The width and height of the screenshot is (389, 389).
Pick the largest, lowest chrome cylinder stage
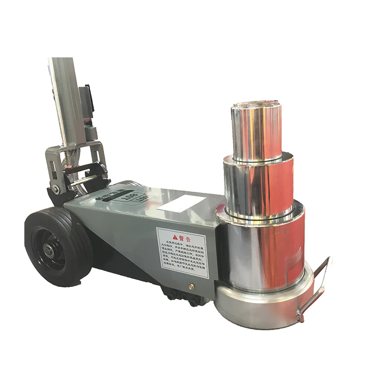(263, 248)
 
